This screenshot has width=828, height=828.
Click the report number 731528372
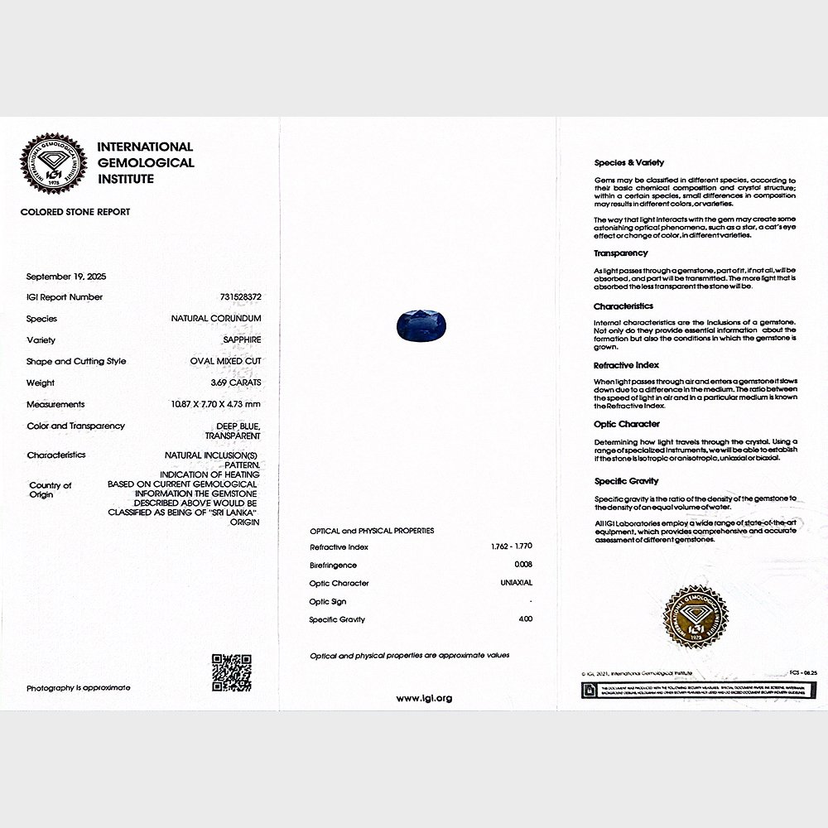[238, 296]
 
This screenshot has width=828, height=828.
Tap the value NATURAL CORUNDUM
[216, 318]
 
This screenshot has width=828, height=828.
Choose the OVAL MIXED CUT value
[225, 361]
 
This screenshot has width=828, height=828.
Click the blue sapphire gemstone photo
[419, 325]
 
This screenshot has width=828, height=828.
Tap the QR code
[231, 672]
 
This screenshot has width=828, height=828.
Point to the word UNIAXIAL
[516, 583]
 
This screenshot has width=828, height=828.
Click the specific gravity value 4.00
[525, 619]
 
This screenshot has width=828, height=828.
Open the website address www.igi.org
[424, 698]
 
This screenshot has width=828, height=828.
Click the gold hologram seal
[696, 618]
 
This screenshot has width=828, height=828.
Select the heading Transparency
[620, 253]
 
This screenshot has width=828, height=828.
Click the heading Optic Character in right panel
[627, 424]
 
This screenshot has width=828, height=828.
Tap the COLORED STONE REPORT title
[75, 212]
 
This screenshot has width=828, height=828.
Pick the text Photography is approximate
[78, 688]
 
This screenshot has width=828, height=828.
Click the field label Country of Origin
[50, 490]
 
